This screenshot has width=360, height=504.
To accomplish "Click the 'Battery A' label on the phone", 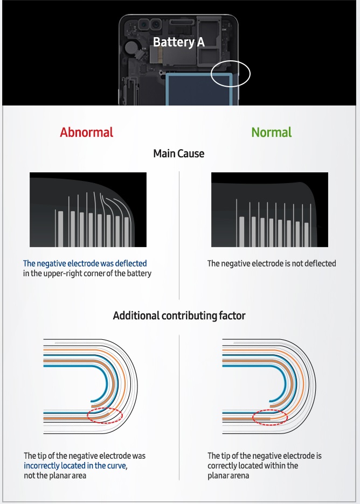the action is [x=178, y=42].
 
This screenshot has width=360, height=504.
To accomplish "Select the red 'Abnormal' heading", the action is [x=87, y=132].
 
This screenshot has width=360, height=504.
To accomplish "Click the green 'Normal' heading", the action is [x=271, y=132].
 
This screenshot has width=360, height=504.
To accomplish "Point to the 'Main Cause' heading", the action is [x=178, y=153].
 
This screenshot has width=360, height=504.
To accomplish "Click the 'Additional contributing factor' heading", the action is [x=179, y=316].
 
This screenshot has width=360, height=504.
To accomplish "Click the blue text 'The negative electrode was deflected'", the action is [x=85, y=263].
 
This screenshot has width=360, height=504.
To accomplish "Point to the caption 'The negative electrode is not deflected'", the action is [x=272, y=263].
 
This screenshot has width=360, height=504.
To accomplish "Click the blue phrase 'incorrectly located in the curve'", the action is [x=74, y=466].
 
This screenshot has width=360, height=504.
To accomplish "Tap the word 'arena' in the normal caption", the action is [x=239, y=475].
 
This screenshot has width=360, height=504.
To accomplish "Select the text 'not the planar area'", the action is [x=55, y=475].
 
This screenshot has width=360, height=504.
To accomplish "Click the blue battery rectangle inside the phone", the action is [x=198, y=89].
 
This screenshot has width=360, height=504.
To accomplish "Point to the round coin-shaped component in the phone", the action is [x=131, y=47].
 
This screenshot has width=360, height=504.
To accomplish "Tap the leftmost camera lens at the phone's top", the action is [x=143, y=24].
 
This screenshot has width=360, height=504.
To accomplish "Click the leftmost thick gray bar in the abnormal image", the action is [x=60, y=229].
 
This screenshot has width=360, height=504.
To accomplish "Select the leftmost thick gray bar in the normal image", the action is [x=241, y=232].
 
